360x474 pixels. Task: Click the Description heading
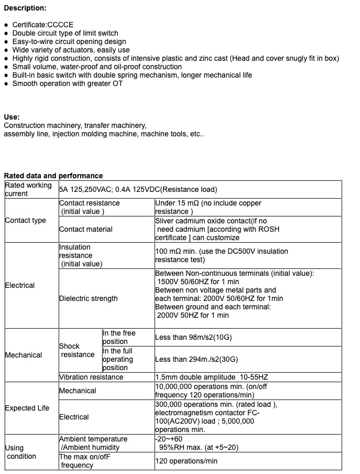click(x=25, y=8)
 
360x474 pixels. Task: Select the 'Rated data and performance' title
click(x=53, y=176)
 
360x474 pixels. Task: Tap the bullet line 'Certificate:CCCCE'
click(x=43, y=25)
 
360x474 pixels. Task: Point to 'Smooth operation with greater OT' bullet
click(x=68, y=83)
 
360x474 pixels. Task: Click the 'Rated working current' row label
click(x=28, y=189)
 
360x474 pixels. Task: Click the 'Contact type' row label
click(x=25, y=220)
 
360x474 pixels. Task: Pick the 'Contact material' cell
click(x=85, y=229)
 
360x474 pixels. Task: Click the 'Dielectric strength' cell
click(x=89, y=298)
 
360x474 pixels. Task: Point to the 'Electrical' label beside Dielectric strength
click(x=19, y=285)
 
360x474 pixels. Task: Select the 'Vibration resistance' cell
click(x=91, y=377)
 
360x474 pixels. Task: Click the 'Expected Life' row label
click(x=27, y=408)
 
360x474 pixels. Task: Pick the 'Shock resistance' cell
click(x=78, y=350)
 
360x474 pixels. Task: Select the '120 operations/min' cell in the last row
click(x=186, y=461)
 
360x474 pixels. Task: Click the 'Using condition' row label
click(x=21, y=452)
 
